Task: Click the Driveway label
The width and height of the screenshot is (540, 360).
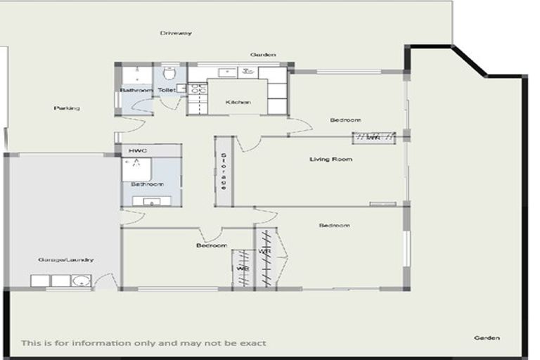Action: click(176, 33)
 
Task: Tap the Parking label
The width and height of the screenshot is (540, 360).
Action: click(67, 108)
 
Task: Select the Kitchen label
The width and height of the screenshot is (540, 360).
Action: click(238, 103)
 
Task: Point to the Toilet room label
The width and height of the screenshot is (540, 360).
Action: click(167, 90)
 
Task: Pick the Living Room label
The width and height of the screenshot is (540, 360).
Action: click(330, 160)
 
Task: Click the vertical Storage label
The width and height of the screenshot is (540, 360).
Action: click(224, 172)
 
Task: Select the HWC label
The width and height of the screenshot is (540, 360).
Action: click(137, 151)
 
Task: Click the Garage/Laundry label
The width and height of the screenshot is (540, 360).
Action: click(66, 260)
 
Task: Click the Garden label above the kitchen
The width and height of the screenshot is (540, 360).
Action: click(264, 55)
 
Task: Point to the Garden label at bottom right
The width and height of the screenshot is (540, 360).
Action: click(487, 338)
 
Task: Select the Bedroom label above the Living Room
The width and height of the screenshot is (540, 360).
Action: click(345, 120)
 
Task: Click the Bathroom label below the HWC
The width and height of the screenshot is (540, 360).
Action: click(147, 184)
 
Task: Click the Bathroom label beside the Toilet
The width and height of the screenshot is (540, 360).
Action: click(136, 91)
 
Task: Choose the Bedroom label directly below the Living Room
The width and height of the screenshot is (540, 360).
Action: click(334, 226)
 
